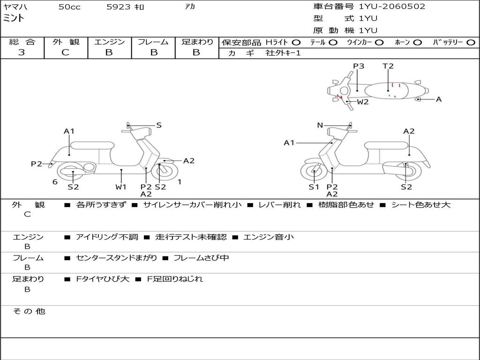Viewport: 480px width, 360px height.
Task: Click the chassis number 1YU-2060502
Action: point(392,7)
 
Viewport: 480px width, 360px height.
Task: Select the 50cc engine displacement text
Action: point(69,7)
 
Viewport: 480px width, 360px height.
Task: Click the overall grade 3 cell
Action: point(22,52)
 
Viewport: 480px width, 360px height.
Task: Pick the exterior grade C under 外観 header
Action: point(65,52)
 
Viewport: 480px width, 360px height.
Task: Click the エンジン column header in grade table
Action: point(109,42)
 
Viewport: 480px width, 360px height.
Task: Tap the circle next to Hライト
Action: point(296,42)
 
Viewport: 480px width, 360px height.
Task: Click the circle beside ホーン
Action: point(418,42)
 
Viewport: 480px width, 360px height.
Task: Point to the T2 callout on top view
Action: point(388,66)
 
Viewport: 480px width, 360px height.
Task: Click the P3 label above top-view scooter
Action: point(359,66)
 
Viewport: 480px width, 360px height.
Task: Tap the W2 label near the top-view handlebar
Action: point(363,102)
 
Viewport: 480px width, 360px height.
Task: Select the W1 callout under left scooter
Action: point(121,187)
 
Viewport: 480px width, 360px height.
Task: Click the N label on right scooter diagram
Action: point(320,125)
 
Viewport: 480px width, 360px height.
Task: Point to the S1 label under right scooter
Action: point(314,187)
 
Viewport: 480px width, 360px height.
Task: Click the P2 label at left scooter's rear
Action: point(37,164)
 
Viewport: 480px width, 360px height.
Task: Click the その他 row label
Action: point(29,311)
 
